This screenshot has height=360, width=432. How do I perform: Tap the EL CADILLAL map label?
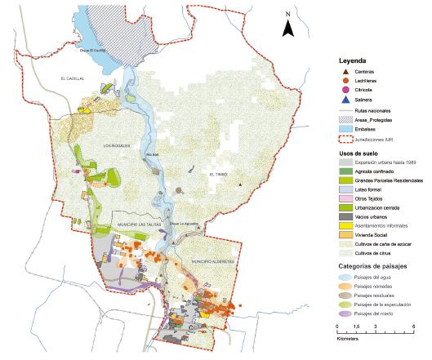[72, 78]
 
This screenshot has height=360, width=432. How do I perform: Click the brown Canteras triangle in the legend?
[346, 73]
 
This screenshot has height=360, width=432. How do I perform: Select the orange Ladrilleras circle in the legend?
[346, 81]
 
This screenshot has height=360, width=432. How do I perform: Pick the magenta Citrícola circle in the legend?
[346, 90]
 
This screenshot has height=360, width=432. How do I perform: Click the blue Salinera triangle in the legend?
[346, 99]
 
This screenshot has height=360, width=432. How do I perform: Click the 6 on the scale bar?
[413, 327]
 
